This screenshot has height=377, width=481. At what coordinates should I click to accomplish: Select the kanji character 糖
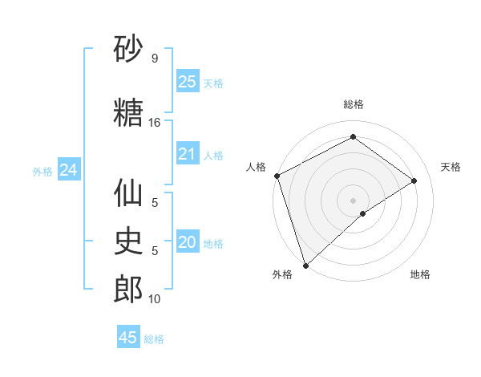pos(128,113)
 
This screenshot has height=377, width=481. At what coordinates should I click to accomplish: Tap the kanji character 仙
pos(128,193)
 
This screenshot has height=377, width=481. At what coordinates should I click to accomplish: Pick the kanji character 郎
pos(128,290)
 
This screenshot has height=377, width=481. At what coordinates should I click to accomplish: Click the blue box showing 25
pos(187,82)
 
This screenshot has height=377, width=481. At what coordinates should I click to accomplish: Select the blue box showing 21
pos(187,154)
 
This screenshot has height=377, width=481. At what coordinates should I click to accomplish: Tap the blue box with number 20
pos(187,242)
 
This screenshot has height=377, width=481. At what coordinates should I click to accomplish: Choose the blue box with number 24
pos(68,170)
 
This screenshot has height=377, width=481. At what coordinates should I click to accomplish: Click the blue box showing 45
pos(128,338)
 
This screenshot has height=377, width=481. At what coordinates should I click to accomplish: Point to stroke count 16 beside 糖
pos(154,123)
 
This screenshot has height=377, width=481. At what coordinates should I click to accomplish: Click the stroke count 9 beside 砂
pos(154,59)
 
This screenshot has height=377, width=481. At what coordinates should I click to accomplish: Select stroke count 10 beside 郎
pos(154,299)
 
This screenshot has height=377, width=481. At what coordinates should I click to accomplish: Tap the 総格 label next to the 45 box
pos(154,339)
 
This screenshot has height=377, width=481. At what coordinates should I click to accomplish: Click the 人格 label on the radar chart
pos(257,167)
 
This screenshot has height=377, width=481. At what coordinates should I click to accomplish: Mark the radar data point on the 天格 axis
pos(414,180)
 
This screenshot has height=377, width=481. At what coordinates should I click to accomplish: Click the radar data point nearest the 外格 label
pos(305,265)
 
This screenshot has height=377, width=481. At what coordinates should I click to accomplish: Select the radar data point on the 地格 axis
pos(363,213)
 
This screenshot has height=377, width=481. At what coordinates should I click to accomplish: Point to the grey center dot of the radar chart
pos(353,199)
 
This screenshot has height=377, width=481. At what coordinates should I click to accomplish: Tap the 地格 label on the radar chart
pos(420,275)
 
